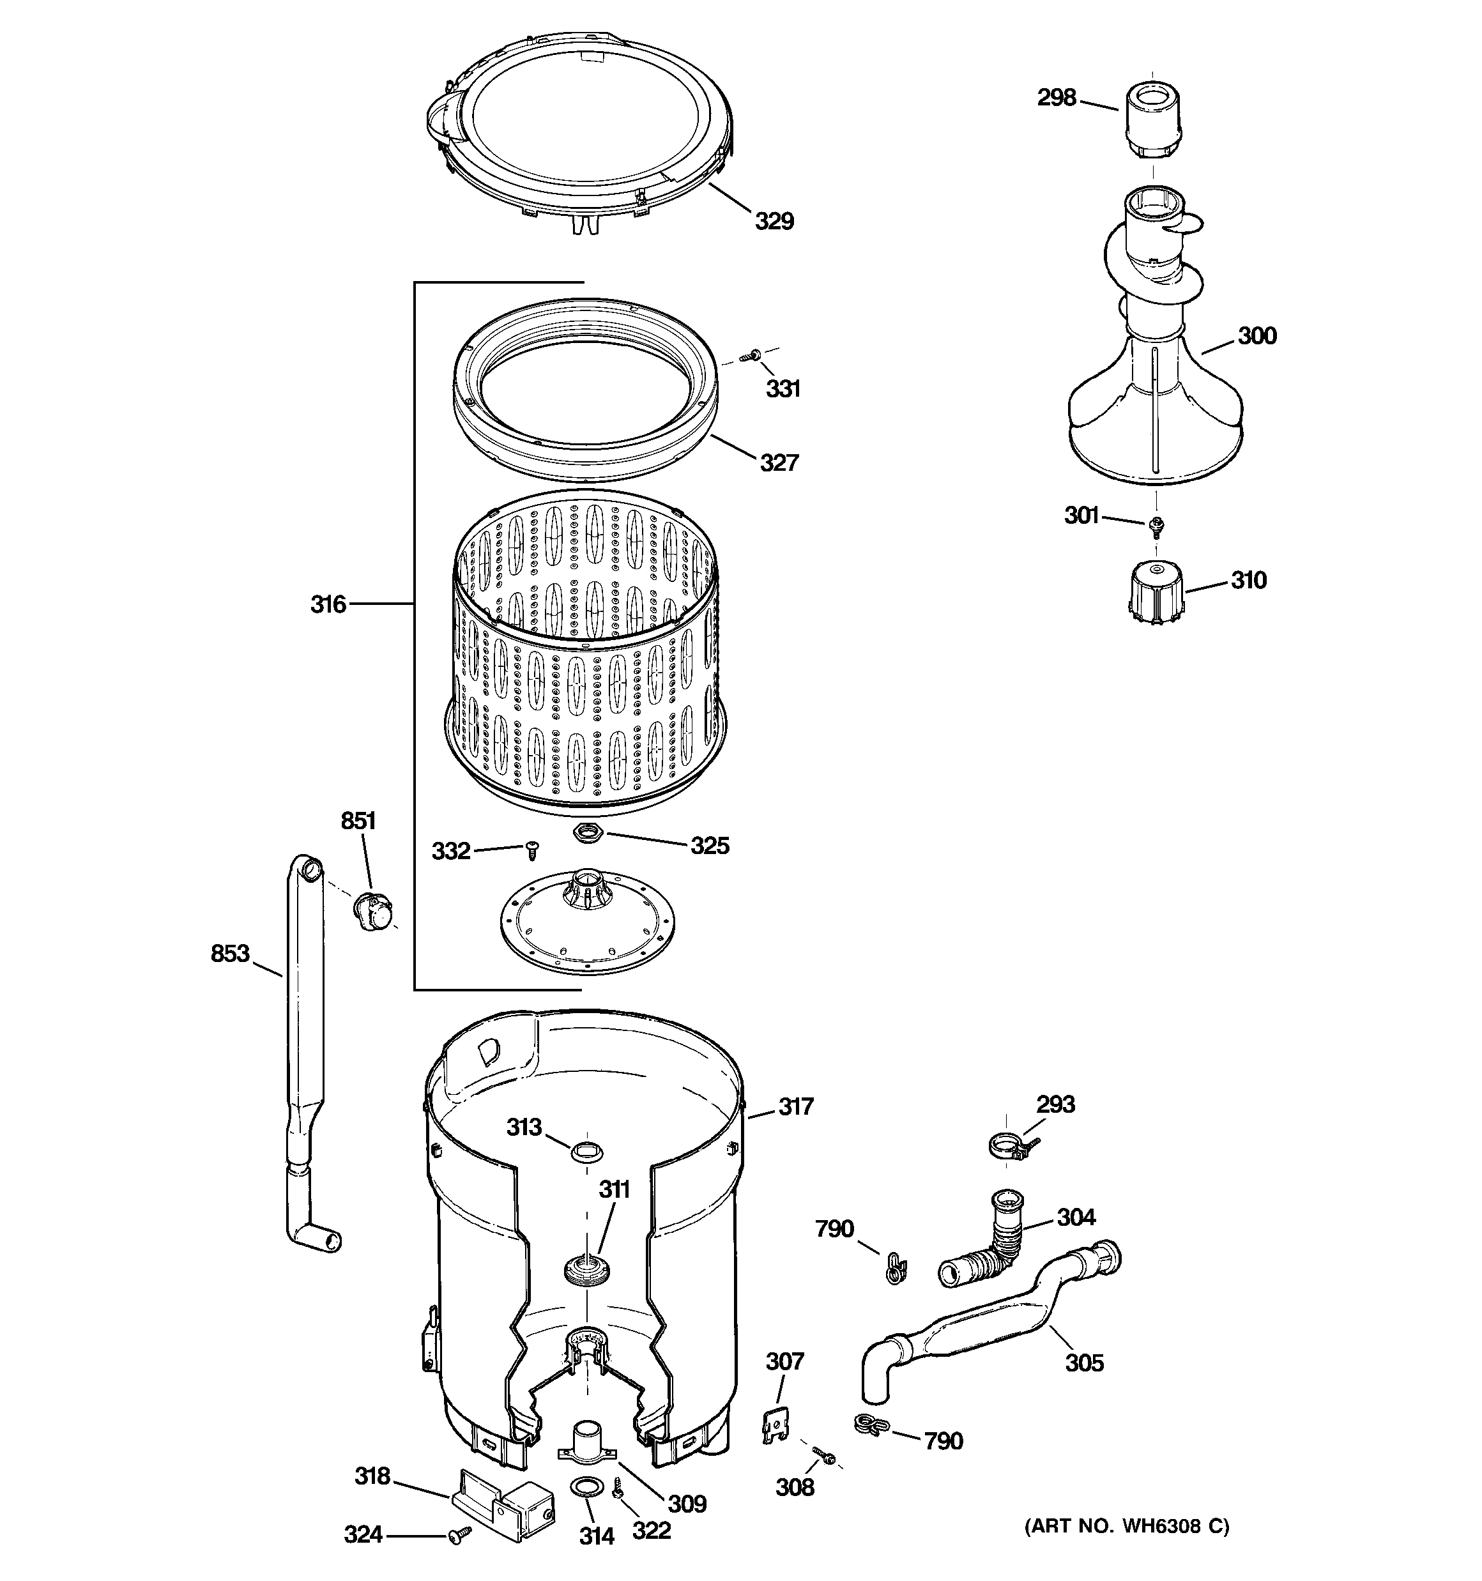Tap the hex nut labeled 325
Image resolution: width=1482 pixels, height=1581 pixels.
coord(587,834)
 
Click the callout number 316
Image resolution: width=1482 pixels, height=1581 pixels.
coord(328,604)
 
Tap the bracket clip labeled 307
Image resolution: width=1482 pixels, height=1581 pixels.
coord(772,1424)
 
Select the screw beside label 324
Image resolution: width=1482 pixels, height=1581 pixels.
coord(459,1533)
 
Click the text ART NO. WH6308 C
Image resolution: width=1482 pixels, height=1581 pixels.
coord(1126,1525)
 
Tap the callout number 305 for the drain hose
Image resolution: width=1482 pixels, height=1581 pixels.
coord(1083,1363)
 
